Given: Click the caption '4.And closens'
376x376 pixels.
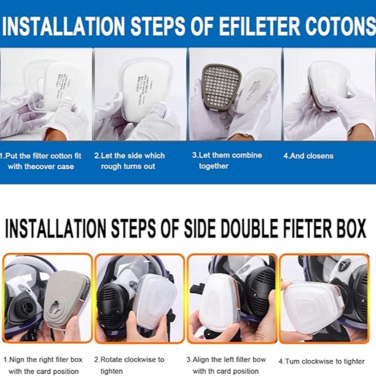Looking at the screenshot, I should point(308,156).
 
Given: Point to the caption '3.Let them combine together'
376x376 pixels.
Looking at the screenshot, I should point(227,160).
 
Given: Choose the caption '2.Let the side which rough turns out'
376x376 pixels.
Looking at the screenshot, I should point(129,161).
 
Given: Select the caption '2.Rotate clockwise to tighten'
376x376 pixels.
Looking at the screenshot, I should point(129,365).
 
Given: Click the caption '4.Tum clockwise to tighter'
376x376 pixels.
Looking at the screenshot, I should point(321,361).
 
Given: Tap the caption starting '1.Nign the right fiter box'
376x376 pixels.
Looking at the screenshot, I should point(43,365).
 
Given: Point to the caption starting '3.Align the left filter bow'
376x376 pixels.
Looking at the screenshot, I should point(226,365).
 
